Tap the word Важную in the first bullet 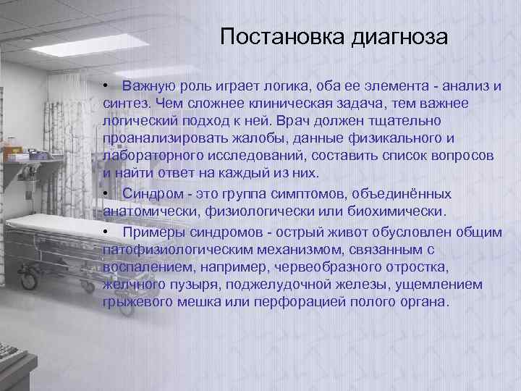click(x=147, y=87)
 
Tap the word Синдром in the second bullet click(x=150, y=194)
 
